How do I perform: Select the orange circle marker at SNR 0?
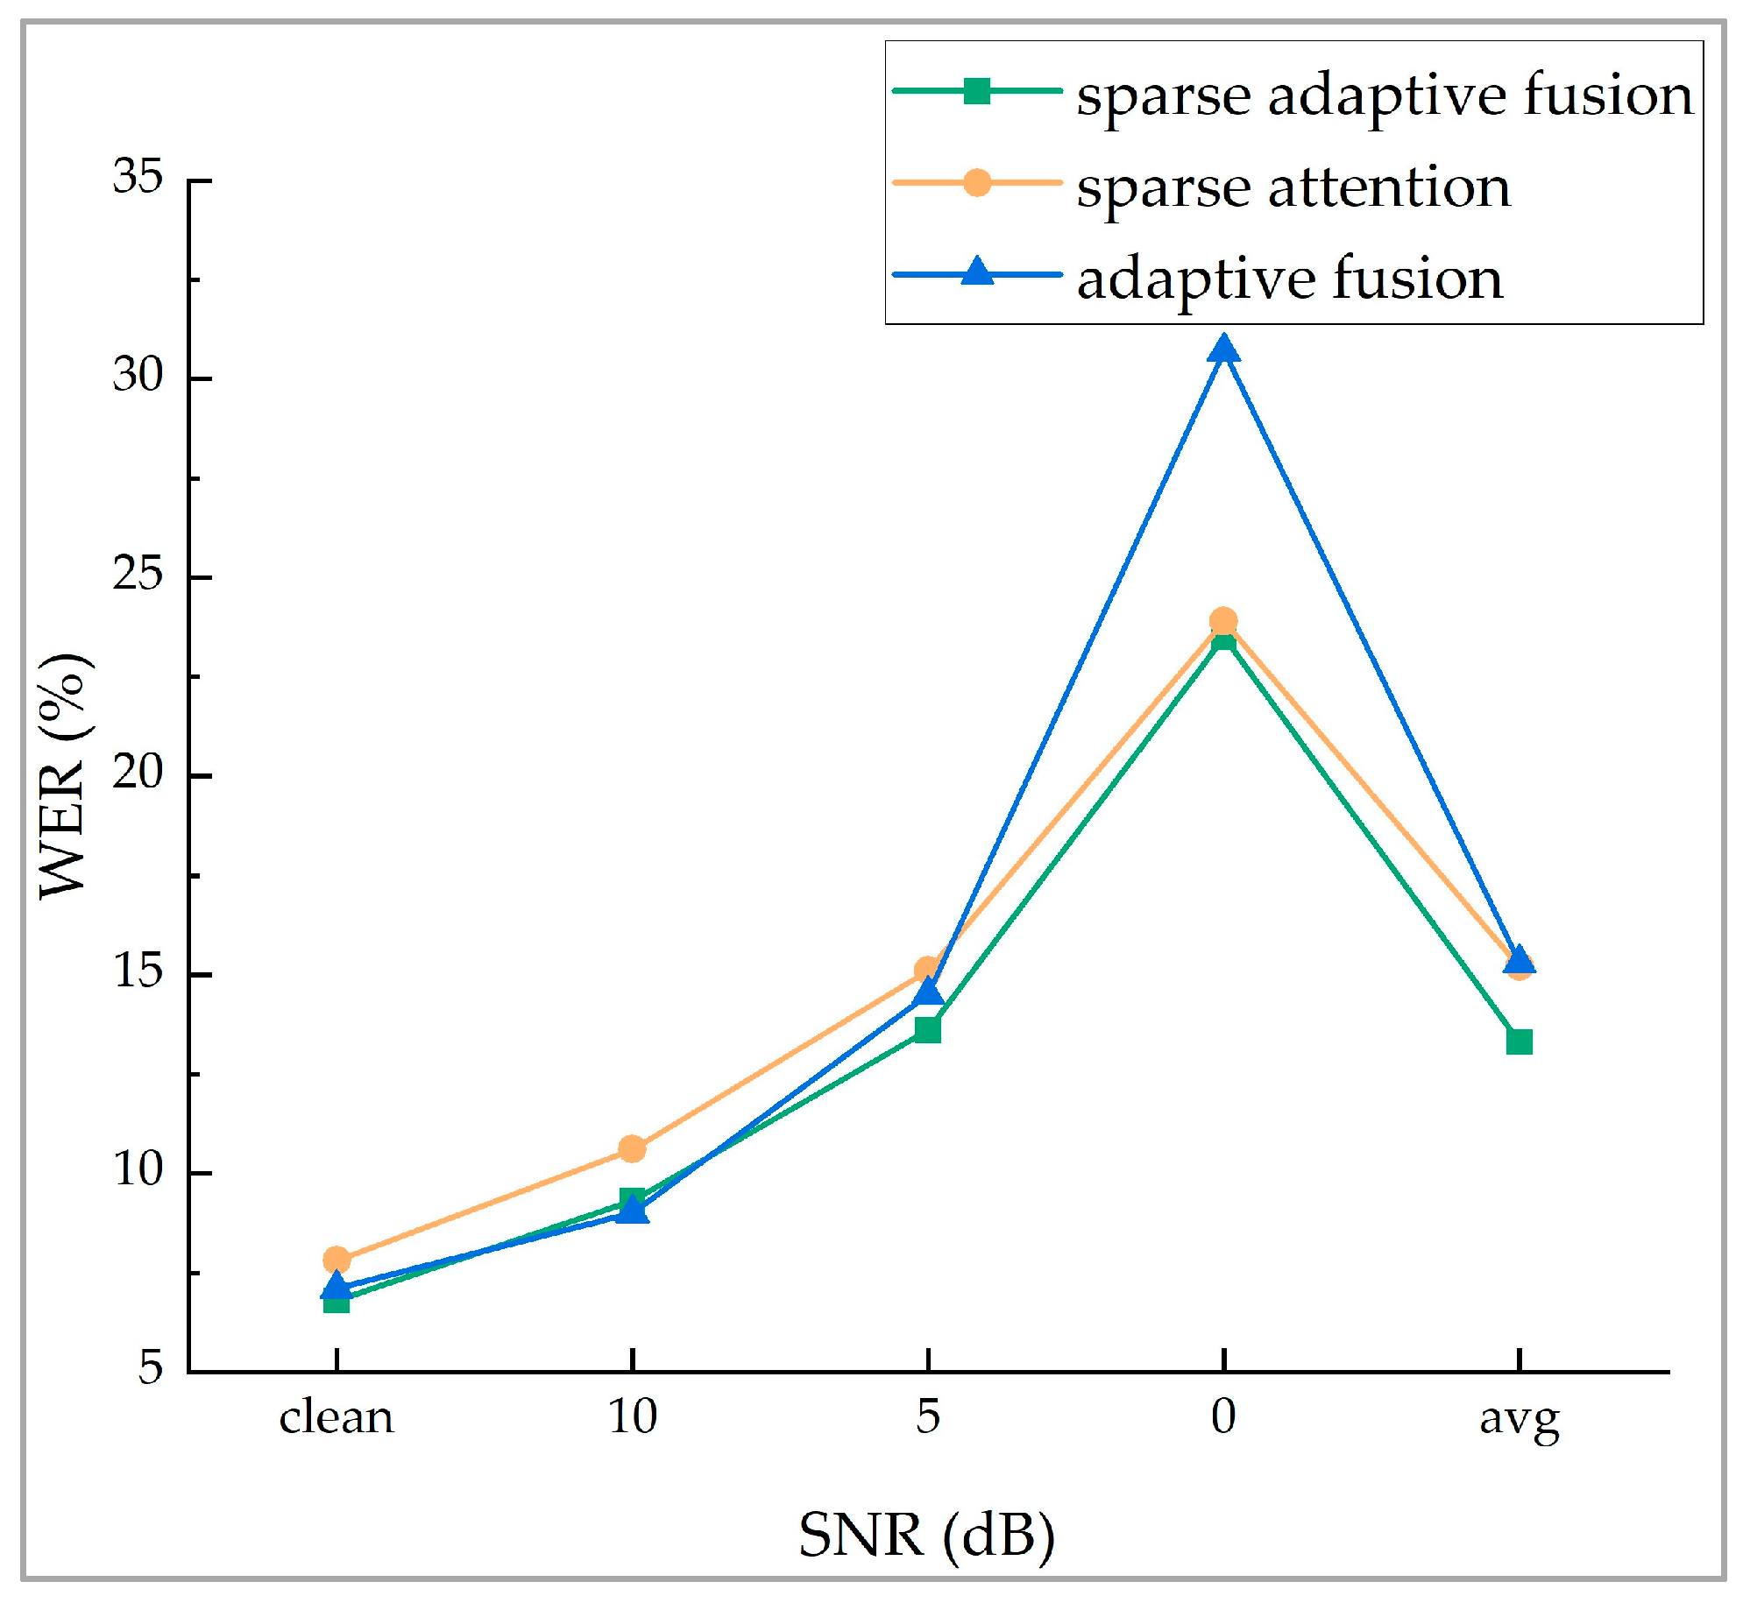coord(1223,621)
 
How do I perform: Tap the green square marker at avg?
coord(1519,1042)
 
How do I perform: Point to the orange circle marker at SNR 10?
coord(632,1148)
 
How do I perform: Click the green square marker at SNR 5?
coord(927,1029)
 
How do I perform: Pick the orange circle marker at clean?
coord(337,1260)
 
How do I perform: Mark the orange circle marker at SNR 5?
coord(927,970)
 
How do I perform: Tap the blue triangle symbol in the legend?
coord(977,273)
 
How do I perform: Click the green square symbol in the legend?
coord(977,91)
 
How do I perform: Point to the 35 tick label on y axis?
coord(138,178)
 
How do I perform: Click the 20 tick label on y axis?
coord(138,773)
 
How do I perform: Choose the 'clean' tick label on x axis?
coord(337,1417)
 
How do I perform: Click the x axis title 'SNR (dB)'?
coord(926,1535)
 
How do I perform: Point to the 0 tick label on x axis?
coord(1223,1416)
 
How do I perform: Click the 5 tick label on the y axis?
coord(151,1368)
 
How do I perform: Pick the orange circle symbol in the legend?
coord(977,183)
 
